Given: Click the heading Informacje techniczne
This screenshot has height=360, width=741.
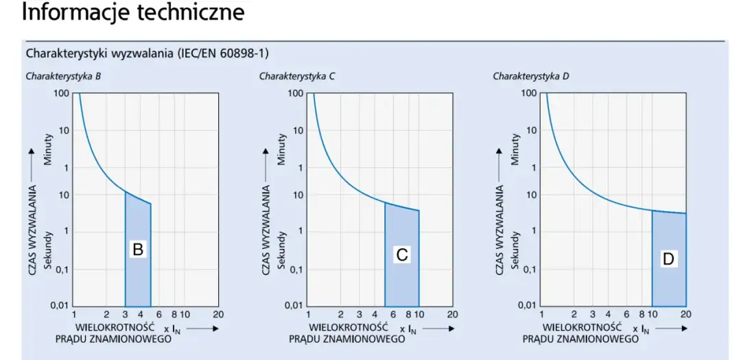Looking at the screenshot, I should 133,12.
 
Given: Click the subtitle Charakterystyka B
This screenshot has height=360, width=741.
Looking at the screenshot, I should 64,76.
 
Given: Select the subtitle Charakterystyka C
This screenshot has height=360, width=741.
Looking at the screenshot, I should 297,76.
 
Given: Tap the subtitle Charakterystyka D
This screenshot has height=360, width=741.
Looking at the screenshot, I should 531,76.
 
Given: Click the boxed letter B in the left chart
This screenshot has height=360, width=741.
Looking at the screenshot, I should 137,250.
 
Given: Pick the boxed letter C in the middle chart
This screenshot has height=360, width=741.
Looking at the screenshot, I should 402,254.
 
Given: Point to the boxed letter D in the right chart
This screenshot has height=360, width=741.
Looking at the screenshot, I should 668,259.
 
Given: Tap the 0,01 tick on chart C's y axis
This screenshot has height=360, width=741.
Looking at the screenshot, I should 293,305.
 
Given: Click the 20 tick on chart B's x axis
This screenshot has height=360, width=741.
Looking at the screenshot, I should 218,315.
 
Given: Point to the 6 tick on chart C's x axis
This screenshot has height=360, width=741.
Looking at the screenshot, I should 394,315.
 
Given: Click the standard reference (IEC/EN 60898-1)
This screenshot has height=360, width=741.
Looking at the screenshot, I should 223,53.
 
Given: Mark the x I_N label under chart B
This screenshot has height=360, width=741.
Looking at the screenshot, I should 175,329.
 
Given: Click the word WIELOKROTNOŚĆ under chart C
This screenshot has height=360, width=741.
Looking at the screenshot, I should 350,328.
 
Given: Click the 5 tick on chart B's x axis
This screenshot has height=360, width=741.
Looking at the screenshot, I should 150,315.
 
